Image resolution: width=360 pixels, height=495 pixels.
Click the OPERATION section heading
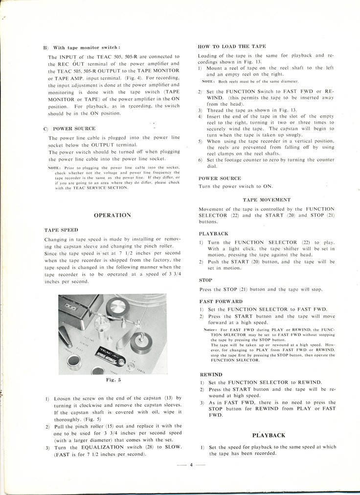pos(112,215)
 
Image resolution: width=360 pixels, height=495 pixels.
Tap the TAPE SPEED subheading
pos(61,229)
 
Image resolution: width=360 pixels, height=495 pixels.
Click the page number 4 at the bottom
pos(191,465)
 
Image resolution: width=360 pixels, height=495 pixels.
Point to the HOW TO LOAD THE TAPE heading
pos(232,46)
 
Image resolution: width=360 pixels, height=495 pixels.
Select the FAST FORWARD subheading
pos(221,301)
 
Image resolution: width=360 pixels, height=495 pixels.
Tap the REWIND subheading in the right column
pos(211,374)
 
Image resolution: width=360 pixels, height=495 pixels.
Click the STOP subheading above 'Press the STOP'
pos(205,280)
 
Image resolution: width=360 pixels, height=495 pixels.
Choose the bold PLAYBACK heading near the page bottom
pos(269,435)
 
